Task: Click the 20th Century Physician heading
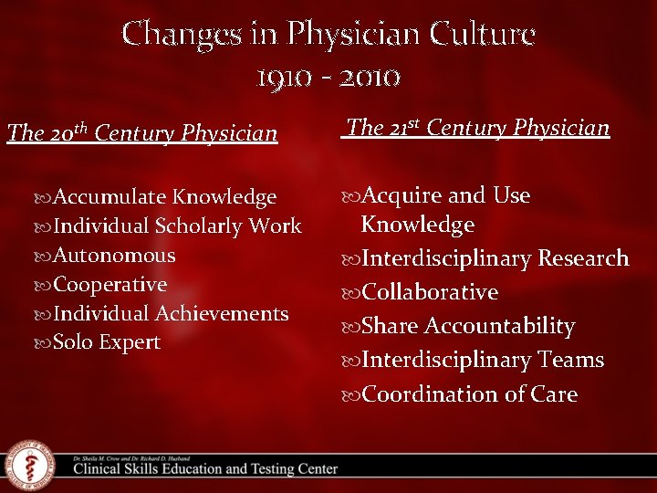click(x=142, y=134)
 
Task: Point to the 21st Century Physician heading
click(x=477, y=128)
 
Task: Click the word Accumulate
click(x=110, y=197)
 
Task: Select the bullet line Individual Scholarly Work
click(x=177, y=226)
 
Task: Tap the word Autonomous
click(x=114, y=256)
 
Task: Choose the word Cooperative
click(x=110, y=285)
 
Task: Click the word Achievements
click(x=222, y=314)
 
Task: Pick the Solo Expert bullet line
click(x=107, y=343)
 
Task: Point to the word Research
click(x=583, y=259)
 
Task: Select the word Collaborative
click(x=430, y=293)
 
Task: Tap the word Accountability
click(x=500, y=327)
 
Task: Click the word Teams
click(x=571, y=361)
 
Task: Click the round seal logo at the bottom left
click(x=30, y=465)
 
